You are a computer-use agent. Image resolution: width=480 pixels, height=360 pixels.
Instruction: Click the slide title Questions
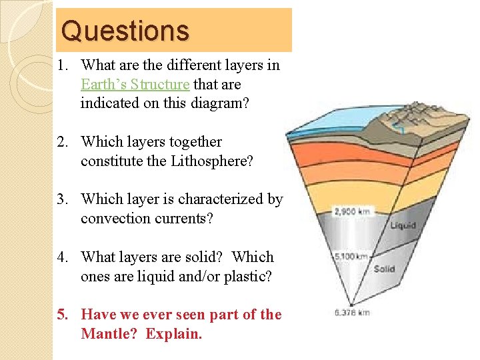click(125, 31)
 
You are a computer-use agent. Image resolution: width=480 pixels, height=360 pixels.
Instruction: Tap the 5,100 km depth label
click(350, 256)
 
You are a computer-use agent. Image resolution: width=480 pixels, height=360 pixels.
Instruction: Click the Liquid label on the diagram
click(403, 225)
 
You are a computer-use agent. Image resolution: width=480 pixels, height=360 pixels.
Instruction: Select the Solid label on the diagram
click(385, 269)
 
